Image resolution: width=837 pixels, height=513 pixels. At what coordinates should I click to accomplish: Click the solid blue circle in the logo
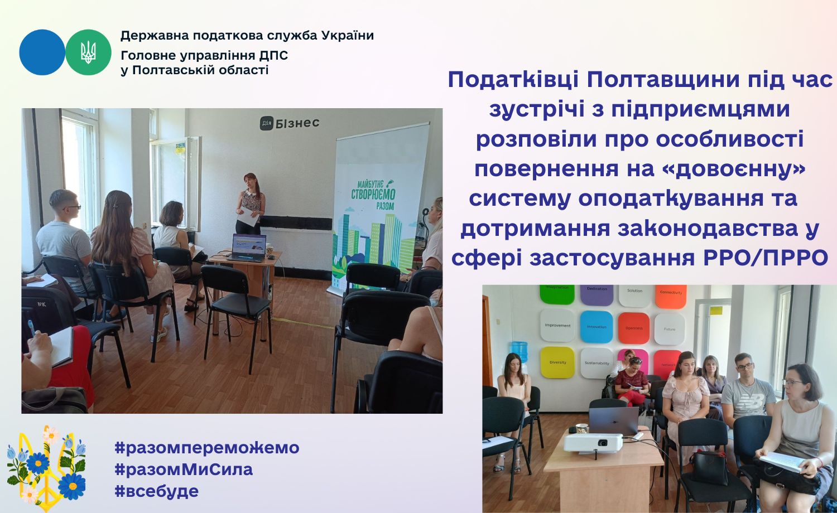click(x=42, y=52)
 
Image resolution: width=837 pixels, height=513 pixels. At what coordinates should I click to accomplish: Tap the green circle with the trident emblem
click(x=88, y=52)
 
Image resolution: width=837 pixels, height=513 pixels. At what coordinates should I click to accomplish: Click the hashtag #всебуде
click(x=157, y=491)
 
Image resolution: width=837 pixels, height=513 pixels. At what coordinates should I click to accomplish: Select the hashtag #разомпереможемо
click(x=207, y=447)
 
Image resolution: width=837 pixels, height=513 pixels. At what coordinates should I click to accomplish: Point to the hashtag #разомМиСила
click(x=184, y=470)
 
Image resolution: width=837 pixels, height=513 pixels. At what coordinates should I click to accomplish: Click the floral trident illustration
click(x=46, y=468)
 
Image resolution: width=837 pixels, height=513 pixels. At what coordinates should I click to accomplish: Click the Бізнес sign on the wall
click(x=290, y=123)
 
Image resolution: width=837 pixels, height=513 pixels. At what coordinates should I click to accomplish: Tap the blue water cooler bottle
click(x=519, y=352)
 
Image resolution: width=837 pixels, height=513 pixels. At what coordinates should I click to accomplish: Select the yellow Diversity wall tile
click(x=557, y=362)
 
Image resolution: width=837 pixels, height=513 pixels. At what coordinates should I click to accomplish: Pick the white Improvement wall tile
click(x=557, y=325)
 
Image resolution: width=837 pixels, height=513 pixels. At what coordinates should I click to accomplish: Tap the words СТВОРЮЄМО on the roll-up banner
click(x=373, y=195)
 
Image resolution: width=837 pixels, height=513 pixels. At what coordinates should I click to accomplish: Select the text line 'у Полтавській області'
click(x=194, y=70)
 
